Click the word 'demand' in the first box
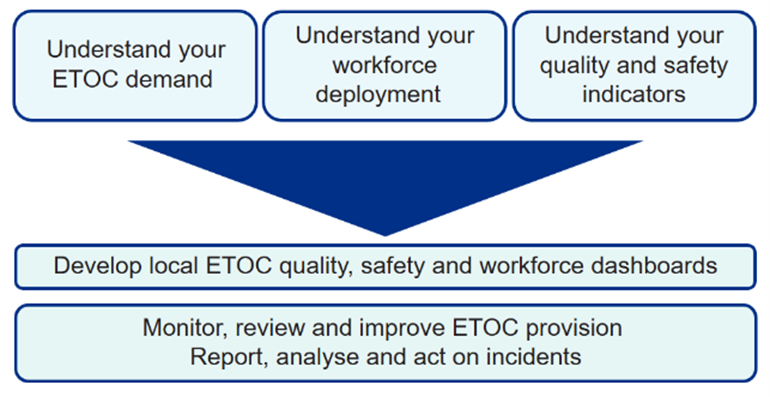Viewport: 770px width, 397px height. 169,80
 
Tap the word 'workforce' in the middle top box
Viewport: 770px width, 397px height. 384,65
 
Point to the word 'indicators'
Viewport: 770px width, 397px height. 634,94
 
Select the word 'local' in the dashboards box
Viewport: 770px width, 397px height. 173,266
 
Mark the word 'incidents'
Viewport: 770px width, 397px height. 533,357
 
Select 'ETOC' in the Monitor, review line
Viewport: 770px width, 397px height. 485,327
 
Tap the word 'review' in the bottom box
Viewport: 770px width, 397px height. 270,327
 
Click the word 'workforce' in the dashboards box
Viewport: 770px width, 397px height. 531,266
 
